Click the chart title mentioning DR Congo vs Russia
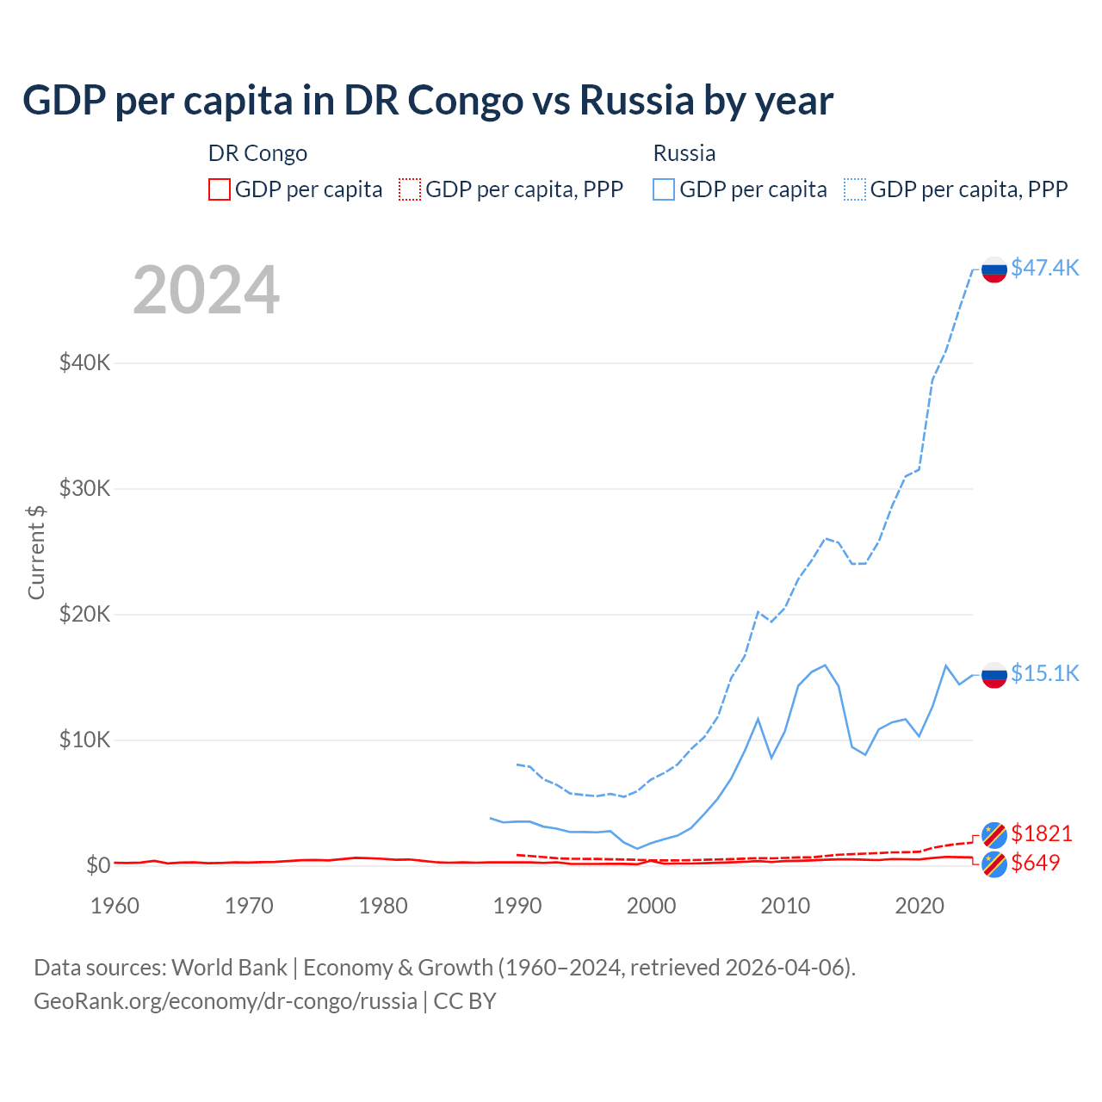[428, 101]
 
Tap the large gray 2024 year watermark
[206, 290]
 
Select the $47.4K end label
[1044, 268]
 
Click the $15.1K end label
[1044, 673]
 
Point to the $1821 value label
[1041, 833]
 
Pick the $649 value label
[1035, 863]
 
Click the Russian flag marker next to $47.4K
[994, 269]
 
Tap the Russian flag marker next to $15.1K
[994, 675]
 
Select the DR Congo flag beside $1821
[994, 834]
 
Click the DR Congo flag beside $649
[994, 864]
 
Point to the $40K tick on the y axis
[84, 362]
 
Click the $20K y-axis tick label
[84, 614]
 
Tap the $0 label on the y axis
[97, 865]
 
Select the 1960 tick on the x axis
[115, 906]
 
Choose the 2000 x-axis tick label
[651, 906]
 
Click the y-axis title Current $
[36, 553]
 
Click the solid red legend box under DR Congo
[220, 189]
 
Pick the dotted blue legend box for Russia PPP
[855, 189]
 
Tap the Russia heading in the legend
[684, 153]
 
